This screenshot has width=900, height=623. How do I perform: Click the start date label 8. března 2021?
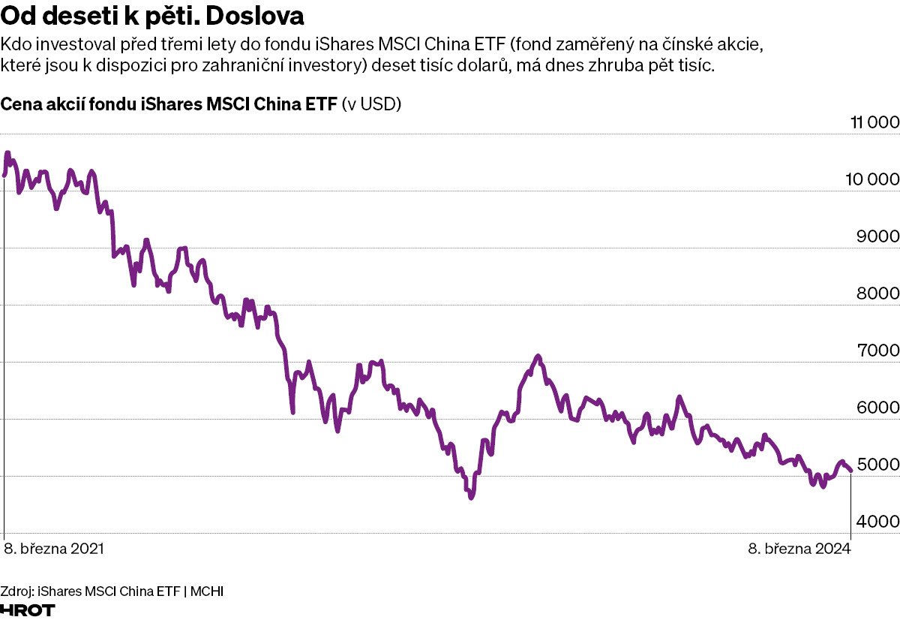pyautogui.click(x=54, y=549)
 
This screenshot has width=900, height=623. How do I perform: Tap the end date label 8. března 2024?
pyautogui.click(x=799, y=549)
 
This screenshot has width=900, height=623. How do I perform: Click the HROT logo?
pyautogui.click(x=28, y=610)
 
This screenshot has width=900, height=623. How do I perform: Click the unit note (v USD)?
pyautogui.click(x=372, y=104)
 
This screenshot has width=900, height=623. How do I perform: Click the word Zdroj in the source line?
pyautogui.click(x=16, y=591)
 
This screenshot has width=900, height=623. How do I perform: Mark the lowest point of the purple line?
pyautogui.click(x=471, y=497)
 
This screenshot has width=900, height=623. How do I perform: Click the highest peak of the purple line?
pyautogui.click(x=7, y=152)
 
